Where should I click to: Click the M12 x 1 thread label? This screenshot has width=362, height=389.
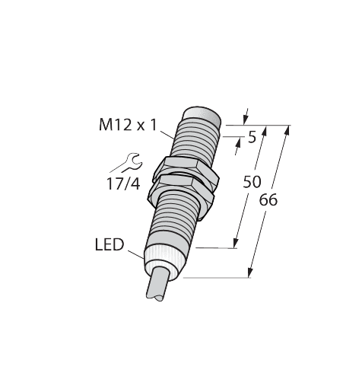(127, 126)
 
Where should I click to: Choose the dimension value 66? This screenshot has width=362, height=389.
(268, 201)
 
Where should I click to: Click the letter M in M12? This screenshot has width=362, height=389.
(106, 126)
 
